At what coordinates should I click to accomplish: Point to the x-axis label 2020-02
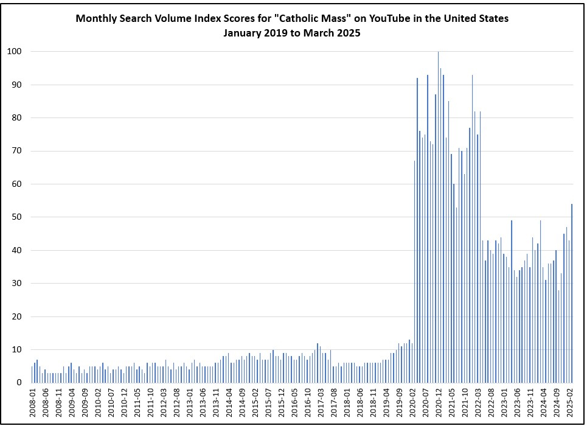412,402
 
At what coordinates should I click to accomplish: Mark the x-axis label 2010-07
111,402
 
